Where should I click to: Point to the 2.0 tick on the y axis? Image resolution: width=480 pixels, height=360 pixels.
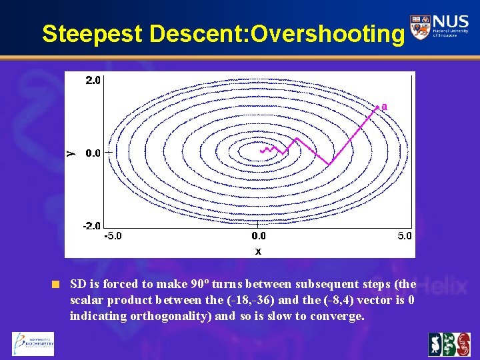(93, 81)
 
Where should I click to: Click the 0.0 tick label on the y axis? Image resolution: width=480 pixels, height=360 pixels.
(93, 153)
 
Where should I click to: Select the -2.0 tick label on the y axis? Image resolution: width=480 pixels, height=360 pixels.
(91, 226)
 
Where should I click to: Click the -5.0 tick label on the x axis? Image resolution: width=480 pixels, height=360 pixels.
(114, 236)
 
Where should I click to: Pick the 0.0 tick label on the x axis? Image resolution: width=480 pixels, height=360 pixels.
(259, 236)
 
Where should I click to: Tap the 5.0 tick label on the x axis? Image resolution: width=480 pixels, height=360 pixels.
(404, 236)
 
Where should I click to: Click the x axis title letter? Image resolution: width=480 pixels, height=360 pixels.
(258, 251)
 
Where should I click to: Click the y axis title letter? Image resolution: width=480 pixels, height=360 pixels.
(71, 153)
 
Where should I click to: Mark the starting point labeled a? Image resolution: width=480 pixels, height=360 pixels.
(383, 105)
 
